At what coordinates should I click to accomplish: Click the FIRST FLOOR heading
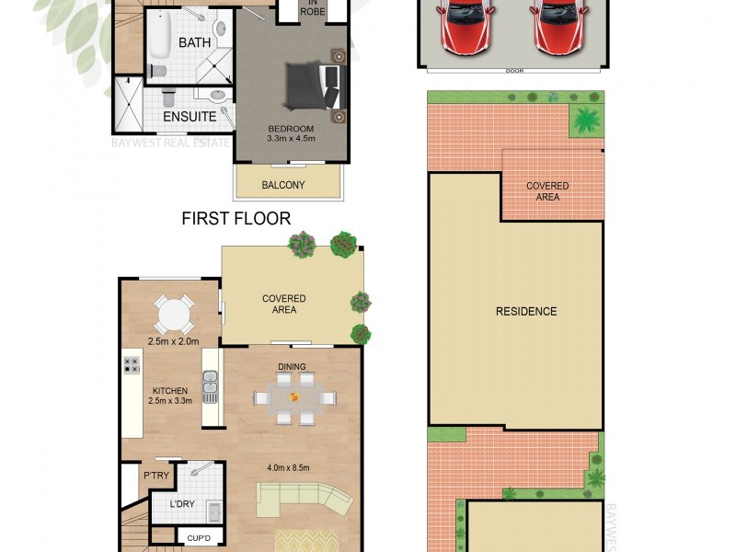click(x=236, y=218)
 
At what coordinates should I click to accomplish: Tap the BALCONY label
click(x=283, y=185)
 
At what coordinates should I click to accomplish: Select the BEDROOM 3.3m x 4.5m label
click(x=292, y=133)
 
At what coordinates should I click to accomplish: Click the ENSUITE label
click(x=190, y=117)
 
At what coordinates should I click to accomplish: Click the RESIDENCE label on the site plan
click(x=526, y=311)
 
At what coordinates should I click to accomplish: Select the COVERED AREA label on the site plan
click(x=547, y=191)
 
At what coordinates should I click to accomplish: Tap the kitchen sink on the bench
click(x=211, y=386)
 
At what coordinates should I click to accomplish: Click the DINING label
click(x=293, y=367)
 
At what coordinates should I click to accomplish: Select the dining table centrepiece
click(x=294, y=397)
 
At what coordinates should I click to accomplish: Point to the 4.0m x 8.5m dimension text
click(x=288, y=467)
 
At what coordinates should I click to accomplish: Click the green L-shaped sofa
click(x=305, y=502)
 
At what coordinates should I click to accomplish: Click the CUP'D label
click(x=199, y=536)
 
